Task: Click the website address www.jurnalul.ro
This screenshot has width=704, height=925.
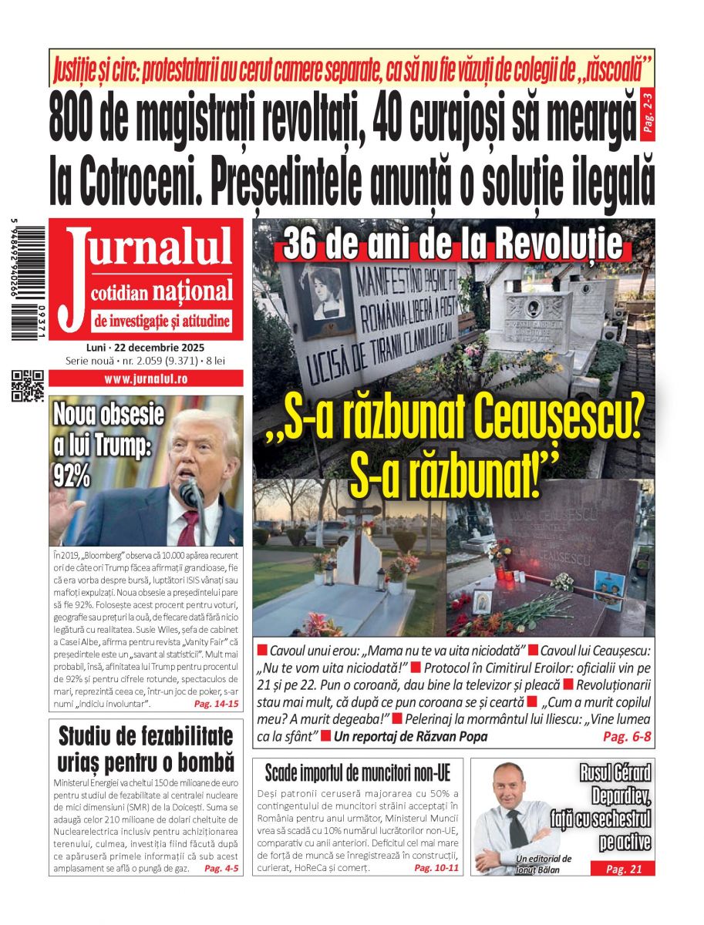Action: (x=146, y=378)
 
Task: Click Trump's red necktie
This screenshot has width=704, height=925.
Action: (x=189, y=525)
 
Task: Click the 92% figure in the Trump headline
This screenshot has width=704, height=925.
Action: (x=72, y=477)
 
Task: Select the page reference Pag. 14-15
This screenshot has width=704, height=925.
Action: (x=216, y=705)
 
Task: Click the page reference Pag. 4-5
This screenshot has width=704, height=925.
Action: (x=221, y=869)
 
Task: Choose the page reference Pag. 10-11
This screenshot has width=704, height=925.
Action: (x=436, y=868)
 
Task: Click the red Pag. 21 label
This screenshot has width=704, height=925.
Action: (x=623, y=869)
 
